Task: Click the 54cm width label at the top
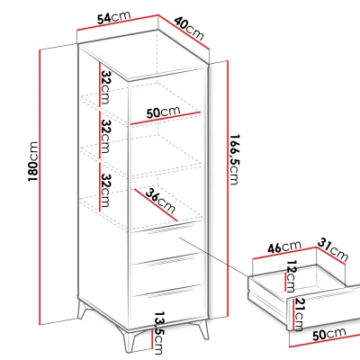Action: (113, 17)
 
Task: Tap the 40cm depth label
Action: (189, 28)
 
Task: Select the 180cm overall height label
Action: (33, 161)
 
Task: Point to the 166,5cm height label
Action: (234, 159)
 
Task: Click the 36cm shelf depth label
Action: (160, 200)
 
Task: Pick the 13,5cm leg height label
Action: (158, 333)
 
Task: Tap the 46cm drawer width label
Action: (284, 247)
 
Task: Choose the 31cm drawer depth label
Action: (333, 249)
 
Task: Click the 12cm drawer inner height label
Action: (291, 276)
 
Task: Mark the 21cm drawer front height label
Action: (299, 314)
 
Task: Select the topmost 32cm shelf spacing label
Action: (105, 87)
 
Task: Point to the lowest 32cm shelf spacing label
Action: (105, 190)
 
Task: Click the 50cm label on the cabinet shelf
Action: (163, 112)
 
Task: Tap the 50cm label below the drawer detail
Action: (329, 334)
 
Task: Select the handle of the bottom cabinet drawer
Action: (170, 292)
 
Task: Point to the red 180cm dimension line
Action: (40, 187)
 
